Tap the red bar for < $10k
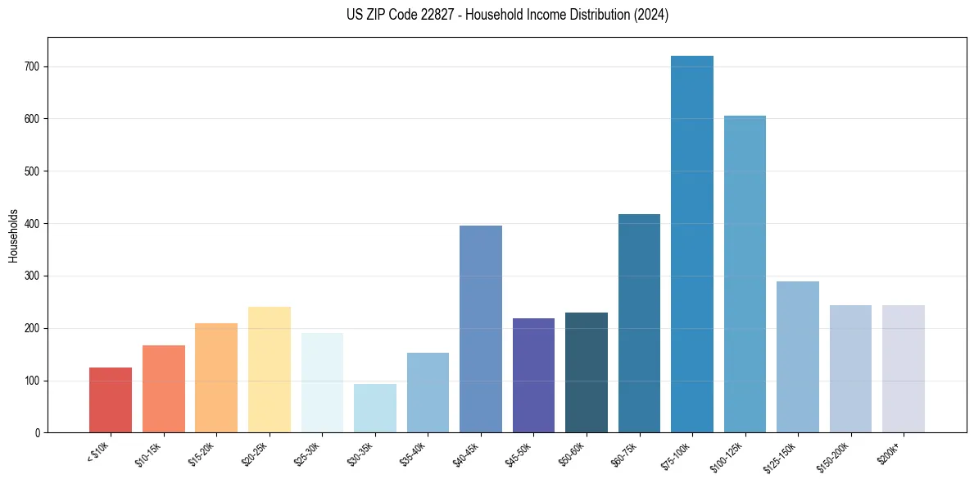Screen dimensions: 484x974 coord(111,400)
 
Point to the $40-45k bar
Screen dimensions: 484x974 coord(481,329)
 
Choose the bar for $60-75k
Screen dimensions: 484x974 coord(639,323)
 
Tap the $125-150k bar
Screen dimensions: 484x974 coord(798,357)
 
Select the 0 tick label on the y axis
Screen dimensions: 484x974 coord(39,432)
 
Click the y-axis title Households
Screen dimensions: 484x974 coord(14,235)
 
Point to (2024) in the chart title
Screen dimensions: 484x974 coord(650,15)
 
